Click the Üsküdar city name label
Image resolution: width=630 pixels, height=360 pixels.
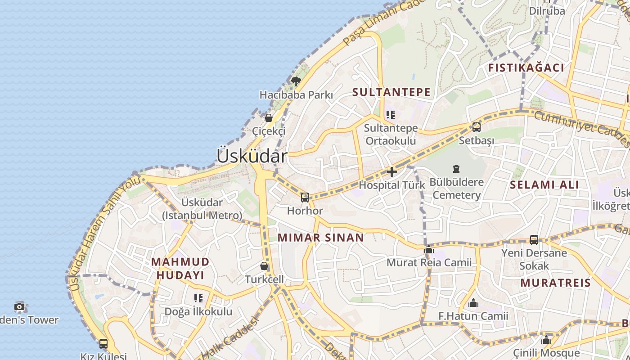click(252, 156)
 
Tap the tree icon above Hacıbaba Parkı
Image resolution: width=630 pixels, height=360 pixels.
click(296, 81)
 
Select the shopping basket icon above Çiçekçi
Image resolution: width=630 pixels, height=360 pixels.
click(269, 118)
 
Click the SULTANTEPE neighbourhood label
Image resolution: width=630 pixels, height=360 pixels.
click(391, 92)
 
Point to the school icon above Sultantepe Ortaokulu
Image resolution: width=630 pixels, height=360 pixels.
click(390, 115)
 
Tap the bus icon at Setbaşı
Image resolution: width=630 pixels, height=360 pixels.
click(477, 127)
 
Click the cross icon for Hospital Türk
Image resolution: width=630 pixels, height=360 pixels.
click(392, 171)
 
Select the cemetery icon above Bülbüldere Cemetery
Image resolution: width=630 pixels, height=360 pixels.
click(456, 169)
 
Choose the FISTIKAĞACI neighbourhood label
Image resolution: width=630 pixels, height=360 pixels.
click(526, 68)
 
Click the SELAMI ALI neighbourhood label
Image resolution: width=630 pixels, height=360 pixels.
click(544, 184)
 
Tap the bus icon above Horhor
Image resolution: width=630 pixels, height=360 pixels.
click(305, 197)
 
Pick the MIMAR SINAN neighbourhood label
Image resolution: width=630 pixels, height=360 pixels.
click(321, 238)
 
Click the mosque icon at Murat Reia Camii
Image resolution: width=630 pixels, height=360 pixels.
click(429, 249)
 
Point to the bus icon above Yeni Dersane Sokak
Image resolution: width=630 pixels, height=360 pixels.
click(534, 239)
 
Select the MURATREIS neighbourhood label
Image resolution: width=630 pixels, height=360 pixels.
click(555, 283)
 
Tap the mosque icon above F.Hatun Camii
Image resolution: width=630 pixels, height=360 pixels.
click(473, 303)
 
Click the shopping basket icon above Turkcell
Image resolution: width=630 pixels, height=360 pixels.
click(264, 266)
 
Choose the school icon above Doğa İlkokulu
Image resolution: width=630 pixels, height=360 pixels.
click(198, 298)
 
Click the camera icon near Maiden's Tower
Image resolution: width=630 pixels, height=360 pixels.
click(19, 307)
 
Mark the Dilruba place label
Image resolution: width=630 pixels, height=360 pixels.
click(547, 11)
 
